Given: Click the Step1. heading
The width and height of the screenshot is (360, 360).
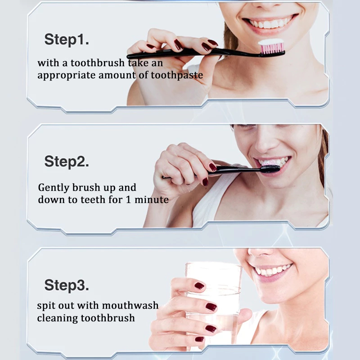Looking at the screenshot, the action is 66,40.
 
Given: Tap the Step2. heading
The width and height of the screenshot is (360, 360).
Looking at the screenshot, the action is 66,162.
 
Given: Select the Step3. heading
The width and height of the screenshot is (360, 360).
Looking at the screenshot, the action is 66,285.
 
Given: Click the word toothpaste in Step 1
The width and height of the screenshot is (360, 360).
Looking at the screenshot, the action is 177,75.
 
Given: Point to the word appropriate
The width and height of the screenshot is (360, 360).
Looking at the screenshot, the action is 66,76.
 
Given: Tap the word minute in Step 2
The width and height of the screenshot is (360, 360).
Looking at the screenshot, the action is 152,199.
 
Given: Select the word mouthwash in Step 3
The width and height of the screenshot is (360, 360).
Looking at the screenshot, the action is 130,306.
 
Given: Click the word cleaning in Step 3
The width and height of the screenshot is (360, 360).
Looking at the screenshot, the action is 58,318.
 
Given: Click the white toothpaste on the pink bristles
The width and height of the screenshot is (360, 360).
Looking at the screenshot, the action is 271,42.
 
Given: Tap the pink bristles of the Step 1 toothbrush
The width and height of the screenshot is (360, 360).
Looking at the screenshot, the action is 272,49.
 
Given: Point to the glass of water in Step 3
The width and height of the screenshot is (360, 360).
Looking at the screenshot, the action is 213,303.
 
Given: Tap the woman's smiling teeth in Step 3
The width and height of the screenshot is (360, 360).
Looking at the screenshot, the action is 273,270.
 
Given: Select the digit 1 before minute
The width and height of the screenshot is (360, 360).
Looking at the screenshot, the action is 128,199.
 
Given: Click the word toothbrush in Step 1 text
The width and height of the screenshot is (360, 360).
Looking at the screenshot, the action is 97,63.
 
